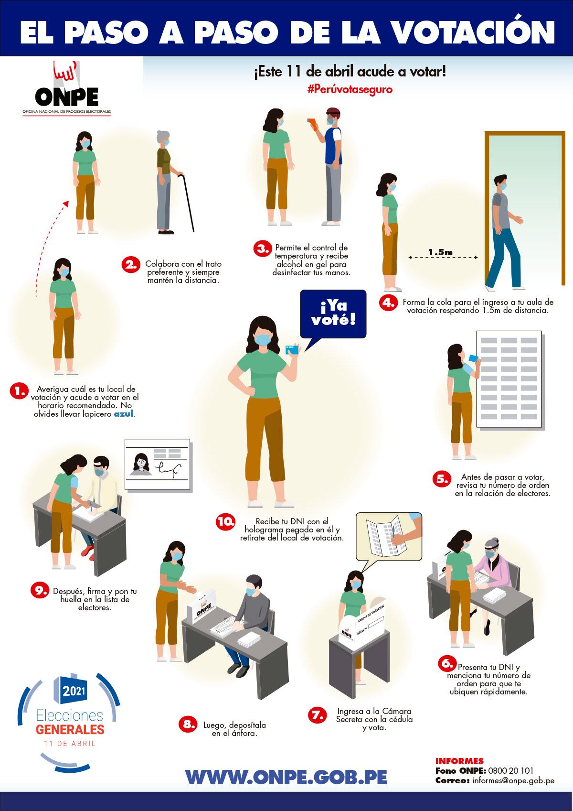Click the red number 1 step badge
(x=19, y=391)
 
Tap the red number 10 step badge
(x=226, y=522)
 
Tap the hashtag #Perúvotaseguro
(x=350, y=89)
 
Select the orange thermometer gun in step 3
(x=313, y=124)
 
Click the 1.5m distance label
(x=440, y=252)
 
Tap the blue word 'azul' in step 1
(x=124, y=413)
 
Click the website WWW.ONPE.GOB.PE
(x=286, y=777)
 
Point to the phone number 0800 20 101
(x=510, y=771)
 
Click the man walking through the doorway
(x=504, y=232)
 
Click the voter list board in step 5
(x=509, y=379)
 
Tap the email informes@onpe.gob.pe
(x=513, y=781)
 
